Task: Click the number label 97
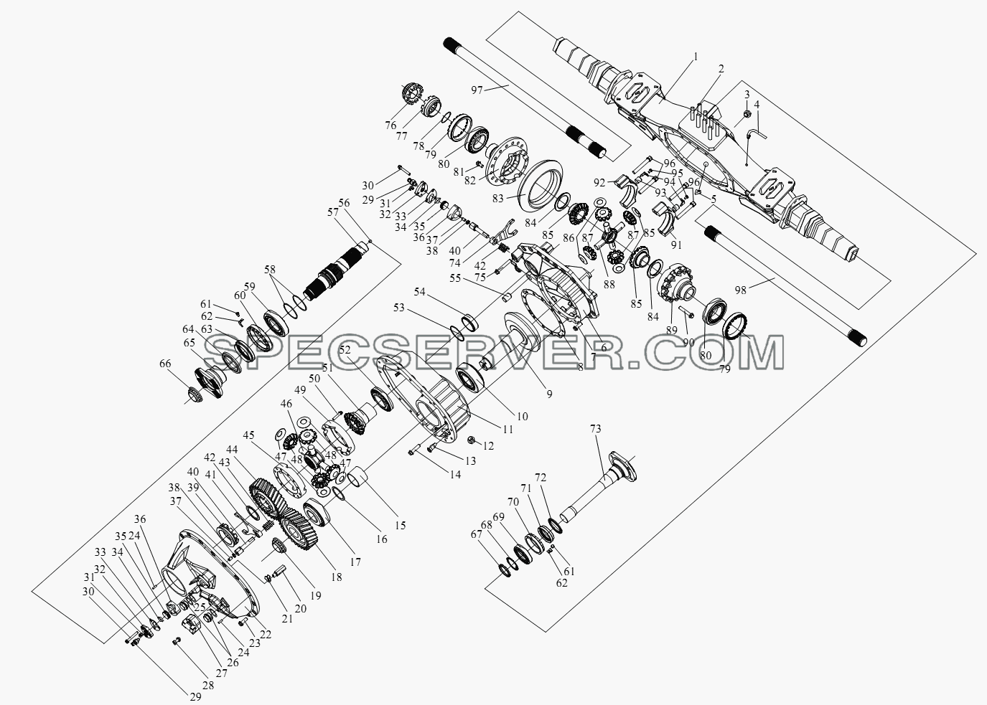pos(477,90)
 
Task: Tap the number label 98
pos(741,290)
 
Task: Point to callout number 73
pos(595,428)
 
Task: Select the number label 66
pos(165,364)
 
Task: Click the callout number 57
pos(333,212)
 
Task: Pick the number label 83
pos(498,199)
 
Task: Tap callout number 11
pos(508,429)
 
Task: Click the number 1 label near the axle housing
pos(696,57)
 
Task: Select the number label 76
pos(390,126)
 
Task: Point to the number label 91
pos(675,245)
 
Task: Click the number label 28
pos(208,686)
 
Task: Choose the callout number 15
pos(400,525)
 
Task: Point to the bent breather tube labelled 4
pos(757,133)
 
